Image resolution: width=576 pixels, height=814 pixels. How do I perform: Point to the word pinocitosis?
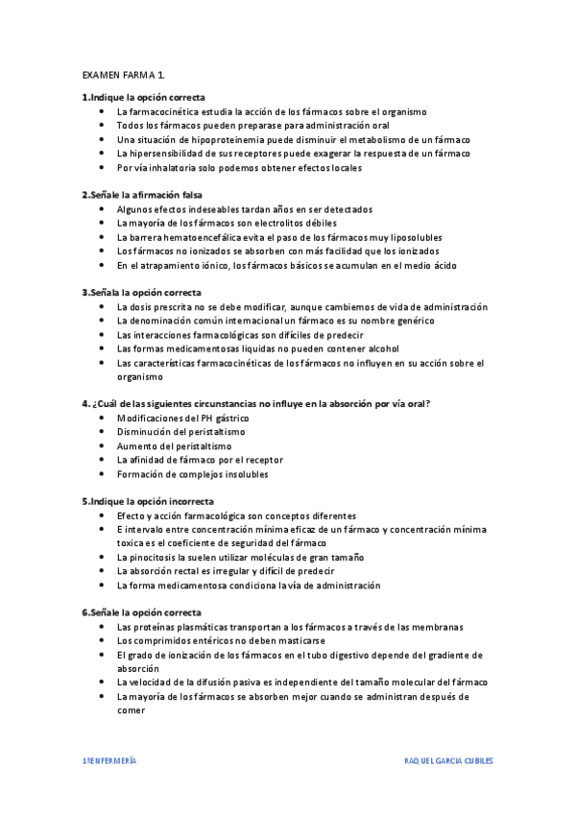click(x=154, y=557)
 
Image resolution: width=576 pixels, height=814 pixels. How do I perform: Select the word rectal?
click(x=185, y=571)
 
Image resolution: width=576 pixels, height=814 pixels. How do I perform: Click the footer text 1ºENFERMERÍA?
click(x=108, y=760)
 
